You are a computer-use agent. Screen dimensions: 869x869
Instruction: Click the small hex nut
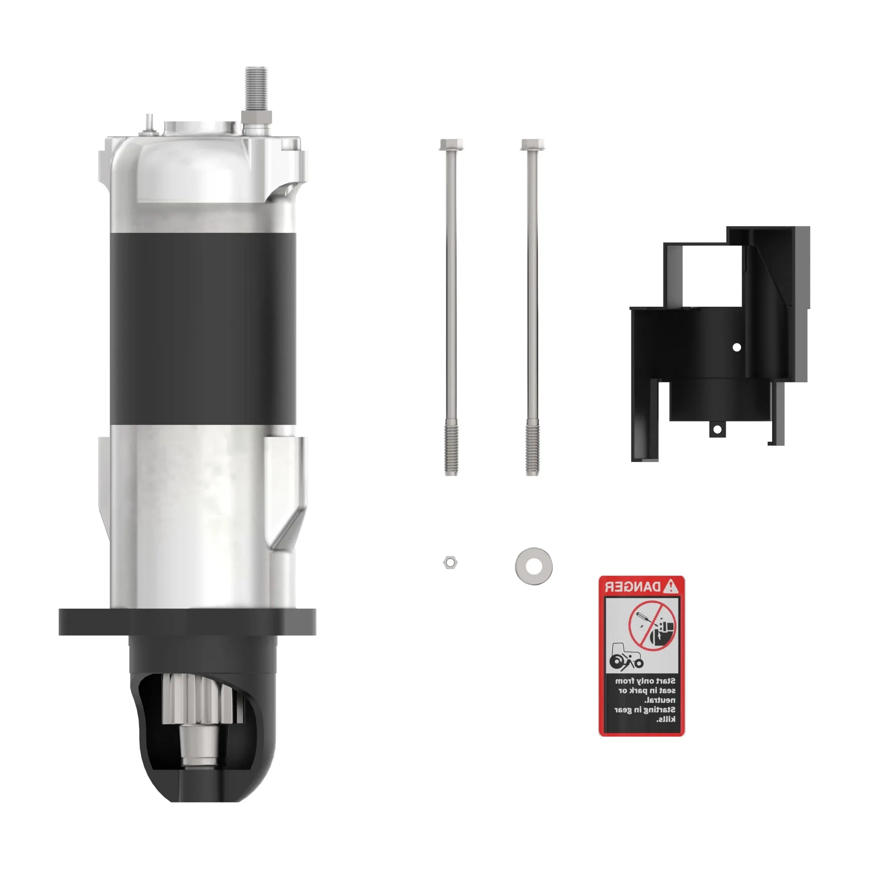click(x=450, y=562)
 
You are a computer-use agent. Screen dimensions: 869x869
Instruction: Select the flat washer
click(x=534, y=566)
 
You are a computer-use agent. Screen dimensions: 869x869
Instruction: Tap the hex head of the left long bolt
click(x=451, y=145)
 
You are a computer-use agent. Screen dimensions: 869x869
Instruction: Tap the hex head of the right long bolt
click(x=533, y=144)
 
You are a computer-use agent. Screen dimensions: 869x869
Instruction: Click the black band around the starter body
click(x=202, y=328)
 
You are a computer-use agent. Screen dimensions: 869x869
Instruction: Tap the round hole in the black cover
click(x=737, y=347)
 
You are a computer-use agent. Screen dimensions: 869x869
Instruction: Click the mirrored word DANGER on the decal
click(x=632, y=587)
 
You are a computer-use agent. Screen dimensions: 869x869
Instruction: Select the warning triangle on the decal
click(x=671, y=586)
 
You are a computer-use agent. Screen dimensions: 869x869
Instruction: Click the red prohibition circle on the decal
click(x=652, y=626)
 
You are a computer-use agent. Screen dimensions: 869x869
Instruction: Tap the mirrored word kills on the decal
click(x=666, y=719)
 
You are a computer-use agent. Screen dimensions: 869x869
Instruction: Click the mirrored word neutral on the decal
click(x=660, y=700)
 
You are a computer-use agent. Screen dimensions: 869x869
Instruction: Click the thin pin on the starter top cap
click(x=148, y=123)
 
